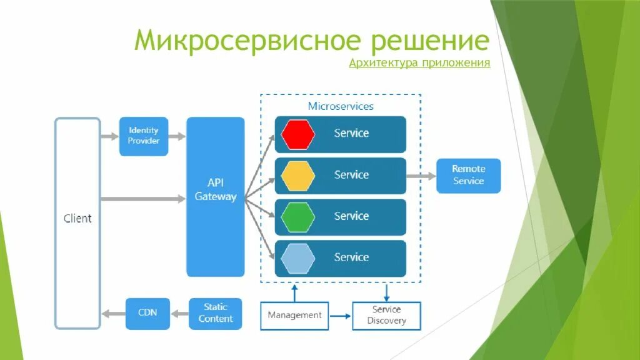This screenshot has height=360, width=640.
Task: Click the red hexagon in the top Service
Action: pos(298,134)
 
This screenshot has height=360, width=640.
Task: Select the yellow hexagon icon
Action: pos(298,176)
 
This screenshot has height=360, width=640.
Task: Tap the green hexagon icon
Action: pos(298,217)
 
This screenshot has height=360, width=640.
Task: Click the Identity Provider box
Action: pos(144,136)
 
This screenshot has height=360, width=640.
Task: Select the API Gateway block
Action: pos(216,196)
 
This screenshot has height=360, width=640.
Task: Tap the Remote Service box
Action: pos(468,175)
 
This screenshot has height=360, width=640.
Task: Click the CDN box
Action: pos(147,313)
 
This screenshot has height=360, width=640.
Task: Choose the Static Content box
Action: pos(216,313)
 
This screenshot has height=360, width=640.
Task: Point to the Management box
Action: pos(294,315)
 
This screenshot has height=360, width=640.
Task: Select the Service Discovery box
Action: pos(386,315)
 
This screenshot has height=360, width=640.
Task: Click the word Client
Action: pos(77,219)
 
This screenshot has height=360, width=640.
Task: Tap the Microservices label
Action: pos(341,106)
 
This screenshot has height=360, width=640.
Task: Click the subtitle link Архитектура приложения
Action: pos(419,63)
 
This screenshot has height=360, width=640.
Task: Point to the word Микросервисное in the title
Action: pos(247,41)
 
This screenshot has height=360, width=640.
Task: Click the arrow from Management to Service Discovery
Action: pos(341,316)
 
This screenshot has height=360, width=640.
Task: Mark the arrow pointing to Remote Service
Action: pos(421,176)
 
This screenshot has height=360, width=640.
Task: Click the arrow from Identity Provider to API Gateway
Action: pos(177,136)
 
